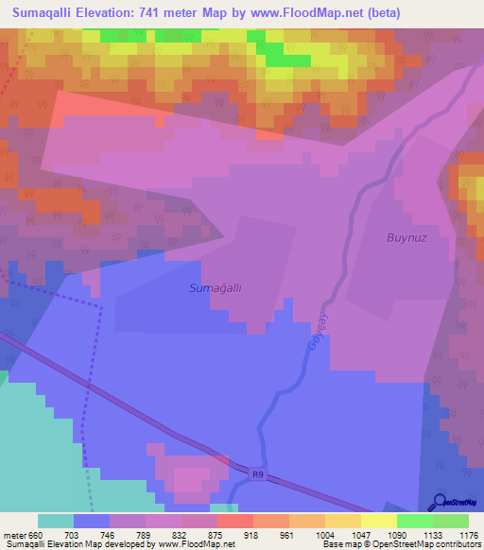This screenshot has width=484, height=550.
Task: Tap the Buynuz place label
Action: tap(406, 238)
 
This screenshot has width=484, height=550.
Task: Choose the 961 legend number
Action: tap(286, 534)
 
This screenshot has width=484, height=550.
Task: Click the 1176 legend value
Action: tap(466, 534)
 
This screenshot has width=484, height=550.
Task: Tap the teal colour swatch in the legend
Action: tap(55, 521)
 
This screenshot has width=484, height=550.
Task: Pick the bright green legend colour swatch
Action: tap(414, 521)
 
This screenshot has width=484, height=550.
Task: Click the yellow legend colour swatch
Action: tap(378, 521)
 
